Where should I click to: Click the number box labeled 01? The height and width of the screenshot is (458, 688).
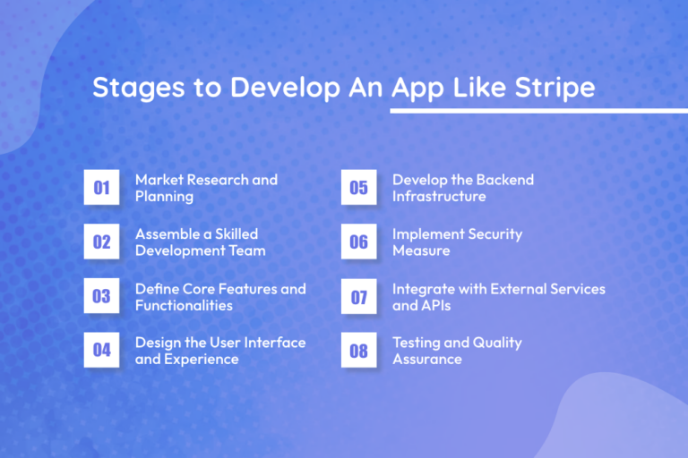(101, 188)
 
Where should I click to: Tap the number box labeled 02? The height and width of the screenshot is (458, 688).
(101, 242)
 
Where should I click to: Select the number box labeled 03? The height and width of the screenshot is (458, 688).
(101, 296)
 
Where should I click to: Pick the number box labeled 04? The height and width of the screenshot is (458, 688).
(101, 351)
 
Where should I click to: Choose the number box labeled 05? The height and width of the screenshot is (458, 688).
(358, 188)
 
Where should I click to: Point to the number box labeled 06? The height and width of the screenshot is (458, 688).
(358, 242)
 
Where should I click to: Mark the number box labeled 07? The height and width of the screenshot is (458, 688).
(358, 296)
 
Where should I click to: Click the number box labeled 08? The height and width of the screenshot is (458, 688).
(358, 351)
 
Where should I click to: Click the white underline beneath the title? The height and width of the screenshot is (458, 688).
(537, 110)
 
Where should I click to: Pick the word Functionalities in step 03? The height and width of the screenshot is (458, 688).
(184, 305)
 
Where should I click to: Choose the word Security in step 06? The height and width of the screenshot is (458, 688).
(490, 233)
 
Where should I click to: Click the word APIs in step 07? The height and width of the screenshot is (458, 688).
(437, 305)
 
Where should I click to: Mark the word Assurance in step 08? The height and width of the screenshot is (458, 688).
(427, 359)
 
